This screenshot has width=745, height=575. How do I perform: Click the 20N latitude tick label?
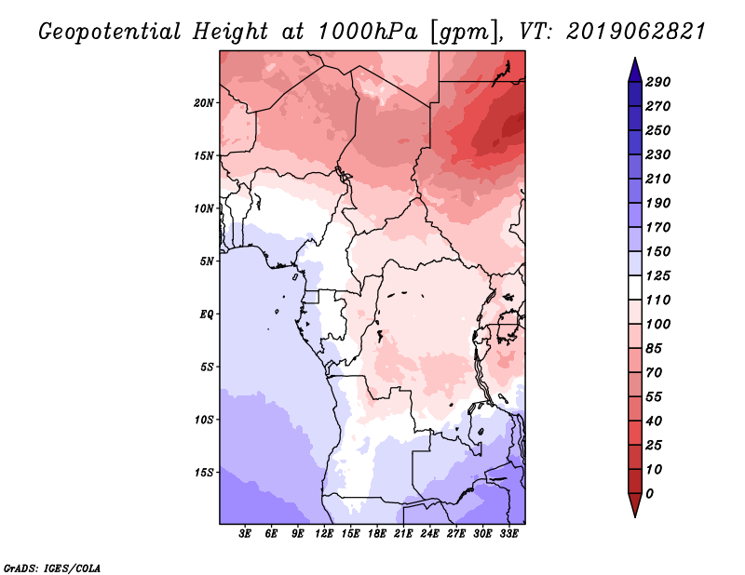[x=204, y=103]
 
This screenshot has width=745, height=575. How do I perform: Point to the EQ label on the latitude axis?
[x=207, y=314]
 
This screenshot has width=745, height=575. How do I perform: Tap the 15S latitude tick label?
[x=204, y=473]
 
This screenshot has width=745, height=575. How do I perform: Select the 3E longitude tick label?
[x=245, y=534]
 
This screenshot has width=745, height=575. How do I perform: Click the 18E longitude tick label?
[x=377, y=534]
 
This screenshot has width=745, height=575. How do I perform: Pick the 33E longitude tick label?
[x=508, y=534]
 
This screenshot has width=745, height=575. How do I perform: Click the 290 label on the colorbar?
[x=658, y=82]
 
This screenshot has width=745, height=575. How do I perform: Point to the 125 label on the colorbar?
[x=658, y=275]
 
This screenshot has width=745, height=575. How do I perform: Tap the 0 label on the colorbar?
[x=649, y=494]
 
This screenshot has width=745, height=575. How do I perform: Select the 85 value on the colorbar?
[x=654, y=349]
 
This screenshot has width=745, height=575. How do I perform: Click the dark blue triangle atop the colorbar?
[x=635, y=71]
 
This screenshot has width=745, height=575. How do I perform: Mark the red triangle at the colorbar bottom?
[x=635, y=504]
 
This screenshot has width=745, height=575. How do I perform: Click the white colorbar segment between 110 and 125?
[x=635, y=287]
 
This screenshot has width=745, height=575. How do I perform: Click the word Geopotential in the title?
[x=110, y=33]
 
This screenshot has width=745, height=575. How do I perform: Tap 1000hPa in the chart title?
[x=368, y=32]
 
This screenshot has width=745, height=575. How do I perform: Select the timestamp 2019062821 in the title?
[x=636, y=32]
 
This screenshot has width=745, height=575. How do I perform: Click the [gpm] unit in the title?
[x=466, y=33]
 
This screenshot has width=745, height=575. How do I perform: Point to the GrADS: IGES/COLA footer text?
[x=52, y=568]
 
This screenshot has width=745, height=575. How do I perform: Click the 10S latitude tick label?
[x=204, y=420]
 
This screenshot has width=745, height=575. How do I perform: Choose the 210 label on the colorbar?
[x=658, y=179]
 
